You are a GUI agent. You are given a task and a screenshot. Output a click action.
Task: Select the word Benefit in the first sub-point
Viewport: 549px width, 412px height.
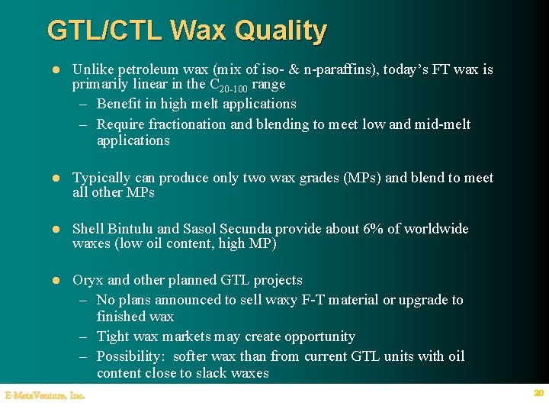coord(120,104)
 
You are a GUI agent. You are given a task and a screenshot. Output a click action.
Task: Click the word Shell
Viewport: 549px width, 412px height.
coord(88,229)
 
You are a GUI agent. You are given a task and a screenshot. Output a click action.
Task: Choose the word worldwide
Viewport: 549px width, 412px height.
coord(436,229)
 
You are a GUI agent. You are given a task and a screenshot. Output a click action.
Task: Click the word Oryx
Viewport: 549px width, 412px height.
coord(87,280)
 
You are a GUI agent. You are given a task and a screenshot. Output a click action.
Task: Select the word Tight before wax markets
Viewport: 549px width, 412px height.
coord(114,336)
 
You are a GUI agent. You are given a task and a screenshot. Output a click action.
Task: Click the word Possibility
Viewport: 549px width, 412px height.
coord(130,356)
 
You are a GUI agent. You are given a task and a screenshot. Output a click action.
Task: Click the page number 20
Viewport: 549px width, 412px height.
coord(538,393)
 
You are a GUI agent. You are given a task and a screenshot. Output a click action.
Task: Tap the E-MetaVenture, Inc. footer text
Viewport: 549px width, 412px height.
coord(44,395)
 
